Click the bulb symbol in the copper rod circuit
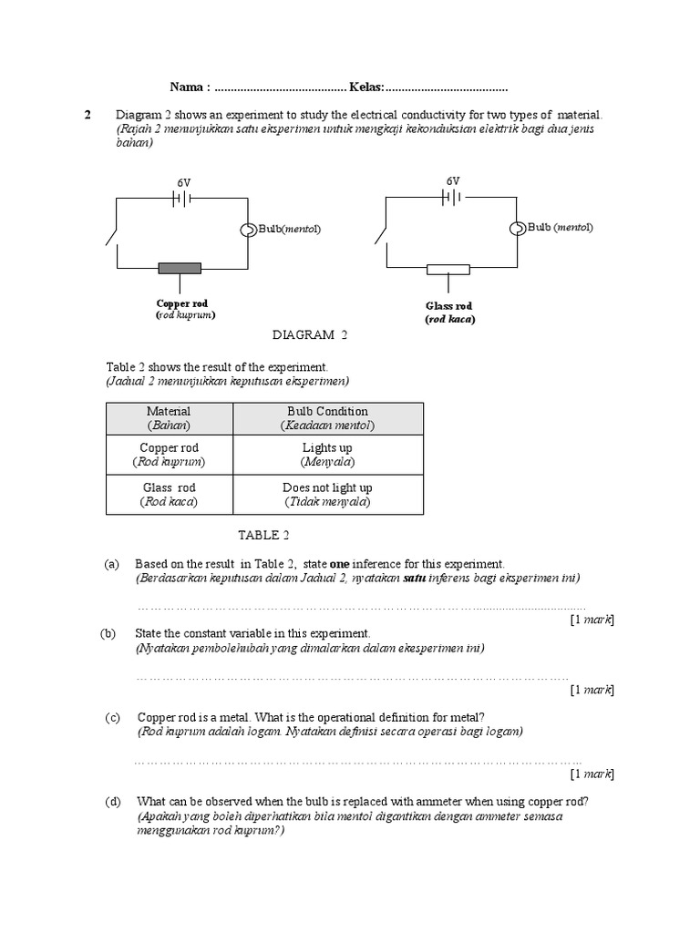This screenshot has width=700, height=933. point(247,230)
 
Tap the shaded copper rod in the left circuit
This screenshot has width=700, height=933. point(180,268)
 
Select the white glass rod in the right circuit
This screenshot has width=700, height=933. point(448,269)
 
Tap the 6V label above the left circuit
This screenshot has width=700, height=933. point(184,183)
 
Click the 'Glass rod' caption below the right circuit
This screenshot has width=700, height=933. point(449,306)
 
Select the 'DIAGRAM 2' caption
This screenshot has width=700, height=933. point(311,335)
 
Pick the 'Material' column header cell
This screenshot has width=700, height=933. point(169,418)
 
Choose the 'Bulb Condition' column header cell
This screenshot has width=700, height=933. point(328,418)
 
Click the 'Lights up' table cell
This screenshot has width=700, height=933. point(328,455)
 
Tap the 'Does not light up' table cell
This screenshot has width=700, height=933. point(328,495)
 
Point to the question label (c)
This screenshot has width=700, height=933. point(113,718)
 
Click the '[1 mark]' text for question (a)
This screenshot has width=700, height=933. point(592,620)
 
